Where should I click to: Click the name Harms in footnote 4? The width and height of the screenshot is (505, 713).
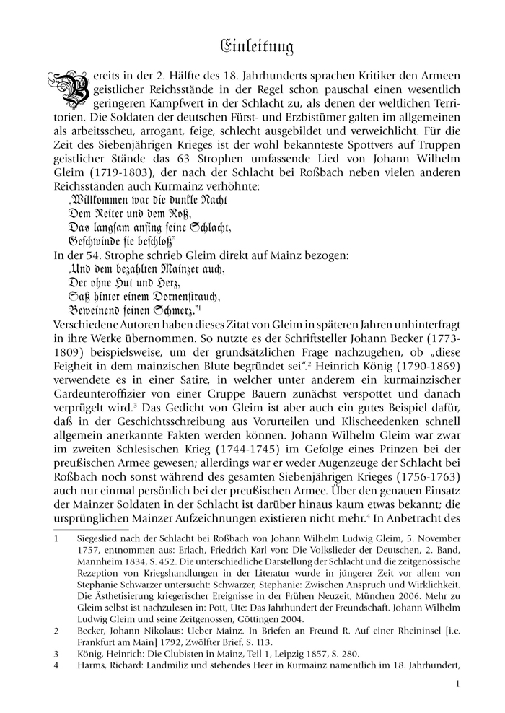point(92,665)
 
